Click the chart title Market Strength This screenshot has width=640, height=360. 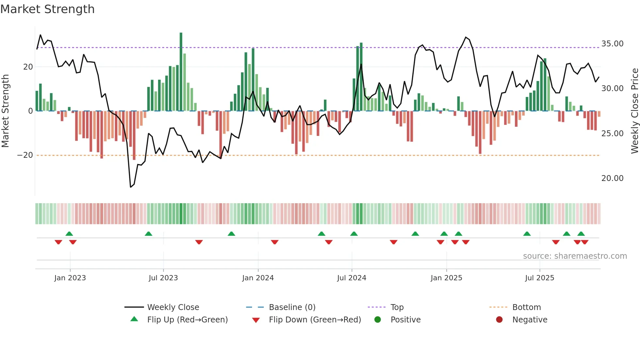[x=47, y=9]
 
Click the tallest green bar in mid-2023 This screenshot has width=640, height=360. [x=181, y=72]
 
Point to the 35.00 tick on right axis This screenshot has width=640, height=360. [x=612, y=44]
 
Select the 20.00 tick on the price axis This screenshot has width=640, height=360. [x=612, y=178]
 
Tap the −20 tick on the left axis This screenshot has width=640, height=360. [x=25, y=155]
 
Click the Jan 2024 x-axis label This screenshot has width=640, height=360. [x=258, y=278]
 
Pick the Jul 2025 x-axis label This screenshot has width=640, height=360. [x=539, y=278]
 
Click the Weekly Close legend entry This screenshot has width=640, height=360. [x=173, y=307]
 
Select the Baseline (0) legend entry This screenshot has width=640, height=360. [x=292, y=307]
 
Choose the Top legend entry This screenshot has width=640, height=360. [x=397, y=307]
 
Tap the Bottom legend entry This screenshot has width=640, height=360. [x=526, y=307]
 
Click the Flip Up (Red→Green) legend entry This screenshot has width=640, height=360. [x=187, y=320]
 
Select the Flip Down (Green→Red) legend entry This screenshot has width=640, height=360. [x=315, y=320]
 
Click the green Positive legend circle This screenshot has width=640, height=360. [x=377, y=320]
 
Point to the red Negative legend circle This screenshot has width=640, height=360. [x=499, y=320]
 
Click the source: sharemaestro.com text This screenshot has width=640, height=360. [x=575, y=256]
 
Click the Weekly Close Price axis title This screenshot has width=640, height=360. [x=634, y=111]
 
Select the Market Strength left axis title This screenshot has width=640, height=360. [x=5, y=111]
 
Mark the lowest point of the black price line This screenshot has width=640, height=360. [x=131, y=187]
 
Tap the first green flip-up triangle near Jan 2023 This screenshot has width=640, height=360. [x=69, y=234]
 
